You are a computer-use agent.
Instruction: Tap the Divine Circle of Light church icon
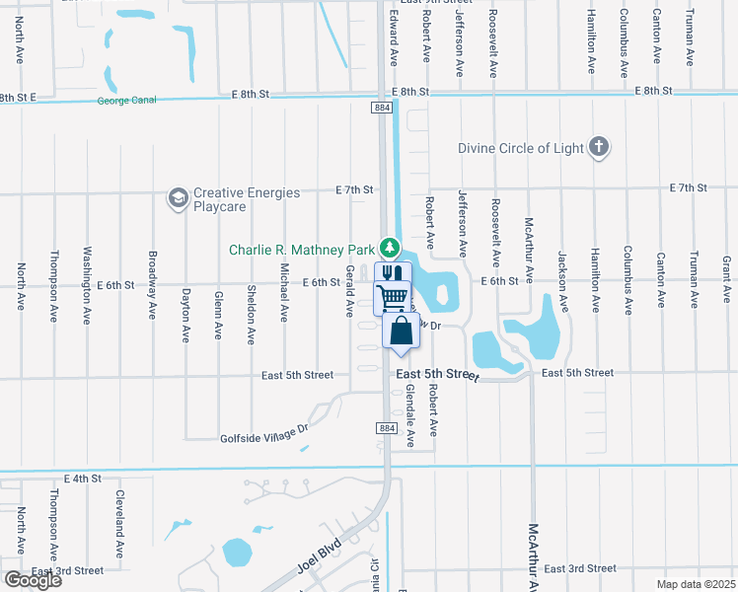tap(598, 148)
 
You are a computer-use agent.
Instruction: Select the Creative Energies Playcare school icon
tap(178, 198)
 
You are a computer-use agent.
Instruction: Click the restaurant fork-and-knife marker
tap(393, 274)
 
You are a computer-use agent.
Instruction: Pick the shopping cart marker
tap(393, 296)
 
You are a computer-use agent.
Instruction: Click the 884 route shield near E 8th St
tap(382, 106)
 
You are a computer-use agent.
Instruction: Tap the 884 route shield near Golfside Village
tap(387, 427)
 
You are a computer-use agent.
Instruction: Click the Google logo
tap(33, 579)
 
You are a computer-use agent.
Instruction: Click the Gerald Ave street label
tap(349, 291)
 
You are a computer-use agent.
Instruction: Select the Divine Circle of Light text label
tap(522, 149)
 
